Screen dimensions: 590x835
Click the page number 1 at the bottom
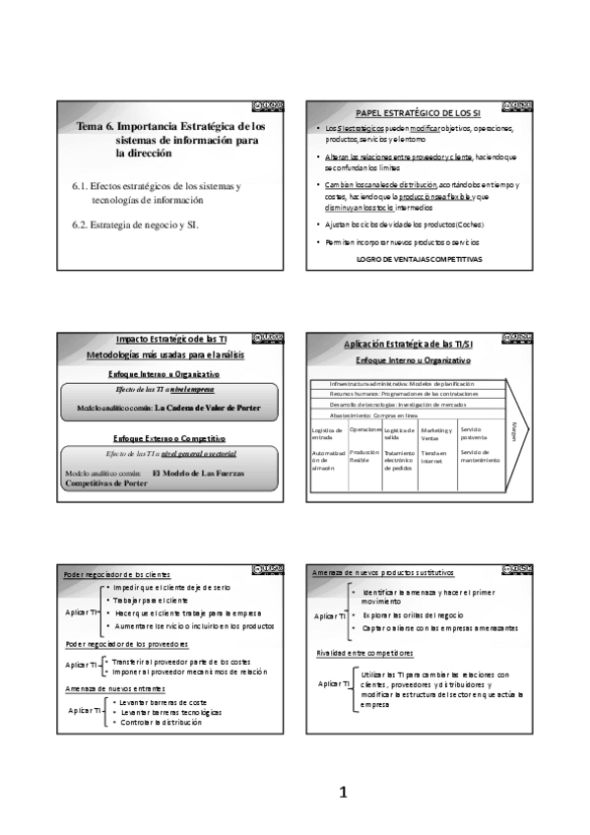[x=344, y=792]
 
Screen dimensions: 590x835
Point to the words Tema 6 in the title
[x=97, y=128]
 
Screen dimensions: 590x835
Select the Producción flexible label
[x=363, y=456]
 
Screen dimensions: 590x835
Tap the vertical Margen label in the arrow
[x=515, y=431]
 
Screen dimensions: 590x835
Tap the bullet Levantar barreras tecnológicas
[x=169, y=711]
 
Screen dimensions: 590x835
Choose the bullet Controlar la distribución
[x=161, y=722]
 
